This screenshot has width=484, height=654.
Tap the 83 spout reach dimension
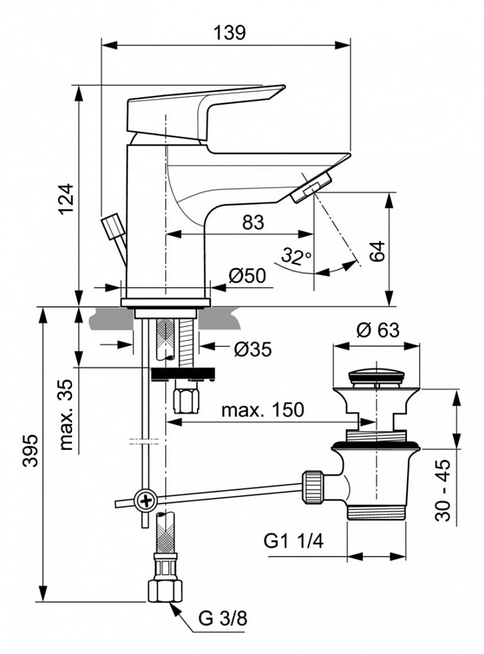[252, 223]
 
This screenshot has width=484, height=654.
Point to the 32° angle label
[296, 256]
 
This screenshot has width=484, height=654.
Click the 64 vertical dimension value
[377, 251]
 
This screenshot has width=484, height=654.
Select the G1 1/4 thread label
[294, 542]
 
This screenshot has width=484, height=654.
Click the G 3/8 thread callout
[223, 619]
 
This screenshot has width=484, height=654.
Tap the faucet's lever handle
[203, 109]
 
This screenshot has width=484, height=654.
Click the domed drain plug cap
[376, 376]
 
